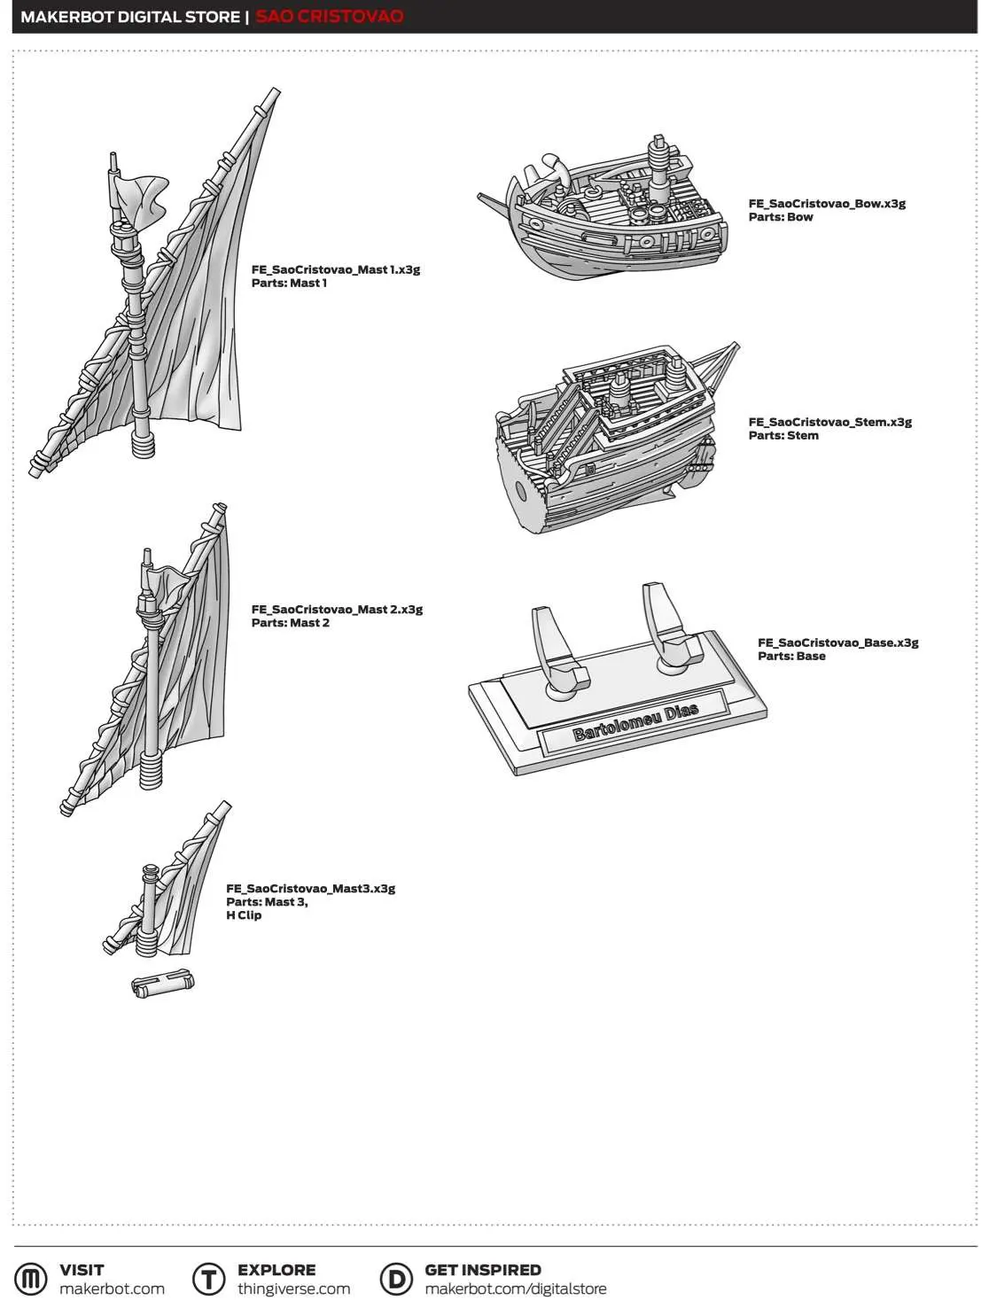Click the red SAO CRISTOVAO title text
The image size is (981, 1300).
coord(329,16)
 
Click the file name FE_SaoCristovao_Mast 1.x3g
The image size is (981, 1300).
coord(335,269)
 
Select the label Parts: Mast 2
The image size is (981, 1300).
coord(290,623)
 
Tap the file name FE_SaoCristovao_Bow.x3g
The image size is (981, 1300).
coord(826,203)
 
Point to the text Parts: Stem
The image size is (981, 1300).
coord(782,435)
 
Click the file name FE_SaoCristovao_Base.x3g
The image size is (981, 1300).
coord(837,642)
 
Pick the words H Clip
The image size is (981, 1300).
coord(244,915)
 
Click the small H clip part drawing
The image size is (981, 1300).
coord(163,984)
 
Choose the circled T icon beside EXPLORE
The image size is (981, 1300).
coord(209,1279)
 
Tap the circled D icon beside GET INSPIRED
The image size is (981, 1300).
coord(396,1279)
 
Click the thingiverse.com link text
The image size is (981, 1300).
coord(293,1288)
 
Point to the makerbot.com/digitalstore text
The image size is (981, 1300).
coord(515,1288)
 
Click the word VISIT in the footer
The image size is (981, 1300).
coord(82,1269)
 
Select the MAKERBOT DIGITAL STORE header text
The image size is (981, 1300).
coord(130,16)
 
